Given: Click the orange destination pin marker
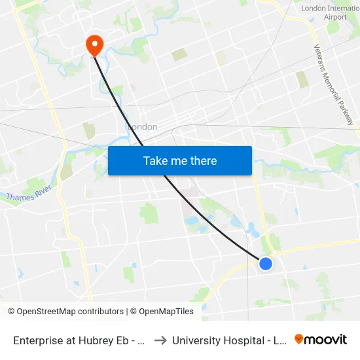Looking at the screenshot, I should [95, 45].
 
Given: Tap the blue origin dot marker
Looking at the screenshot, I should [266, 263].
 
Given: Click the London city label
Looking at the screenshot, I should [142, 127].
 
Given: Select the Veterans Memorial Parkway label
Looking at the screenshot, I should [333, 85].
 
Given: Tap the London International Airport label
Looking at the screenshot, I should [330, 12].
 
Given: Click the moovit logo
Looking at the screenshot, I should [321, 339].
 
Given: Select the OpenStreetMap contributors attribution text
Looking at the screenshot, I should [65, 312].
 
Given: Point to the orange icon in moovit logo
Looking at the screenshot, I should [299, 339].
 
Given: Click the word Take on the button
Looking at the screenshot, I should [155, 161].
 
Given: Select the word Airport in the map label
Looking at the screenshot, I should [335, 17].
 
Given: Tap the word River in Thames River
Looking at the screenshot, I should [41, 194].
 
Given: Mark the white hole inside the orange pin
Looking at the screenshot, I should [95, 43].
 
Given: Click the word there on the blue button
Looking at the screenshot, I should [204, 161].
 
